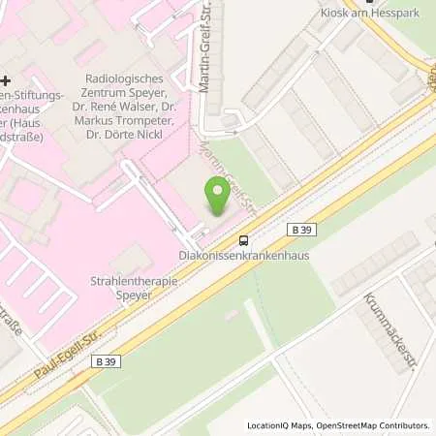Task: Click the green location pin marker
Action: click(x=219, y=194)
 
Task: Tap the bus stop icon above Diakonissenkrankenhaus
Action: click(x=243, y=241)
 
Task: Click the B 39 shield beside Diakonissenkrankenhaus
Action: click(x=299, y=230)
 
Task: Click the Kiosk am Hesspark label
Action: click(x=360, y=14)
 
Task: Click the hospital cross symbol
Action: click(x=6, y=80)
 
